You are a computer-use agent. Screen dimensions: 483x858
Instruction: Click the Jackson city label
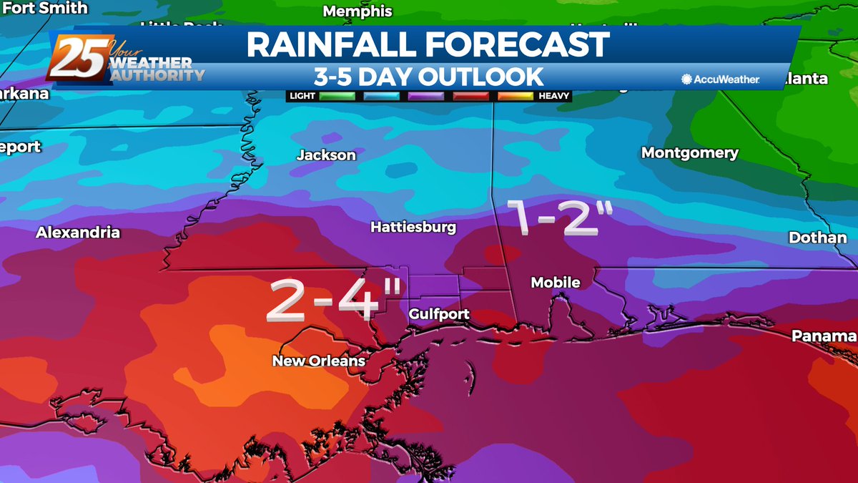tap(326, 155)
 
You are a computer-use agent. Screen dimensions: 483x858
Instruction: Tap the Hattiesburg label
tap(413, 228)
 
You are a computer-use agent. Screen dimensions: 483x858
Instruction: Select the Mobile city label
tap(556, 283)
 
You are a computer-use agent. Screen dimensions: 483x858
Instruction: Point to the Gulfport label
tap(439, 314)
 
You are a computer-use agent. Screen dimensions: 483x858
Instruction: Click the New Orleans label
tap(319, 361)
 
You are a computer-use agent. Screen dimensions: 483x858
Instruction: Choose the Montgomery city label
tap(689, 153)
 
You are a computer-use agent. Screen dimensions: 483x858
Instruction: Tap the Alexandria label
tap(78, 233)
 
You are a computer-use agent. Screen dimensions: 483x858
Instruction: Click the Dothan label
tap(817, 238)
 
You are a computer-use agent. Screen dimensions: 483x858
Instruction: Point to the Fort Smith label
tap(44, 9)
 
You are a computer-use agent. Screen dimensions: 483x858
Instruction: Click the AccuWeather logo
tap(721, 79)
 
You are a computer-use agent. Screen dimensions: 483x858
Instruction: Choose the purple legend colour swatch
tap(426, 95)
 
